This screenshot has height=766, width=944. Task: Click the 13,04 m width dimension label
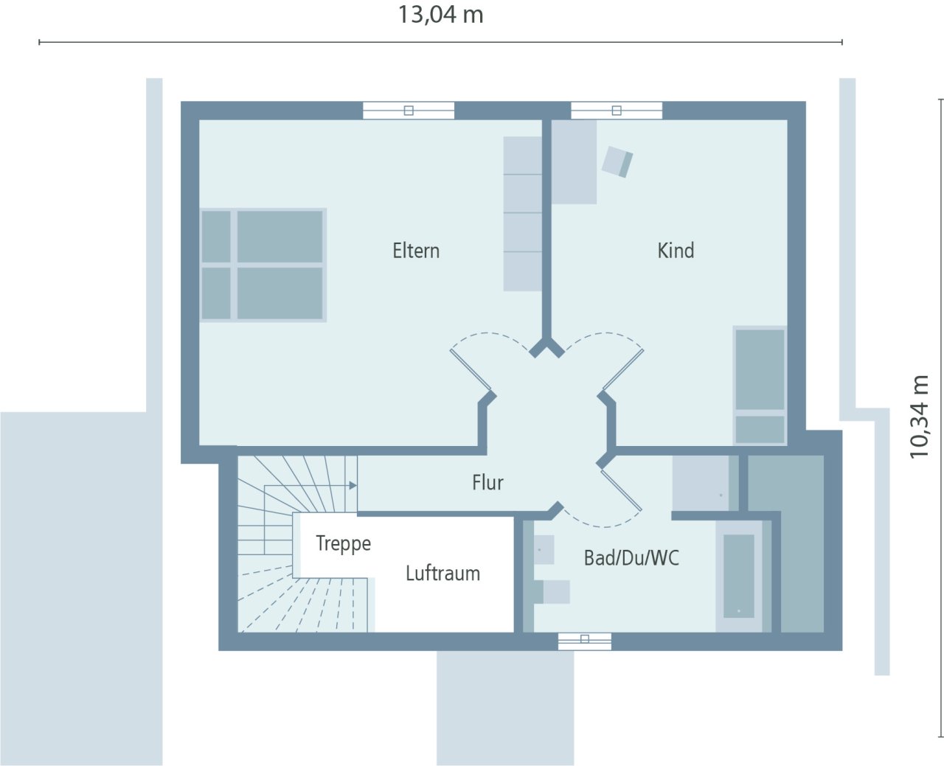[440, 15]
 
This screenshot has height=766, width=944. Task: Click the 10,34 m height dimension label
[919, 417]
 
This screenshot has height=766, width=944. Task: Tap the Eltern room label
[416, 251]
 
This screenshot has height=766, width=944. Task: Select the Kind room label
[676, 251]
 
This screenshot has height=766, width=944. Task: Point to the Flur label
[487, 483]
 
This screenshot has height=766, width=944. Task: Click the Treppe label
[343, 544]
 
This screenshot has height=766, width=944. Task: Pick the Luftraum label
[442, 574]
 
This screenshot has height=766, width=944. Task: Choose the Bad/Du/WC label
[631, 558]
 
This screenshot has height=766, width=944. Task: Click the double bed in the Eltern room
[263, 265]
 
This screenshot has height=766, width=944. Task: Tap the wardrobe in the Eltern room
[522, 214]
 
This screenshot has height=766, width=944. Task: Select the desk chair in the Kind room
[617, 161]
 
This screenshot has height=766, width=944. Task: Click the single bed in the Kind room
[760, 385]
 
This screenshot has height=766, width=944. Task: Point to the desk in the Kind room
[574, 162]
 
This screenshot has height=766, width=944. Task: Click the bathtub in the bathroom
[738, 575]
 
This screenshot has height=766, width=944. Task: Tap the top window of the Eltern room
[409, 111]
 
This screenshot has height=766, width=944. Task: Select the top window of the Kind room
[617, 111]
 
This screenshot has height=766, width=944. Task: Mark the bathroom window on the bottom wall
[585, 641]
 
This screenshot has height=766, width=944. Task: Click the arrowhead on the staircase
[353, 485]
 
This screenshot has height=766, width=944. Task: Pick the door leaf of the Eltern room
[471, 369]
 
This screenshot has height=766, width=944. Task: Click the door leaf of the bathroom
[621, 490]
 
